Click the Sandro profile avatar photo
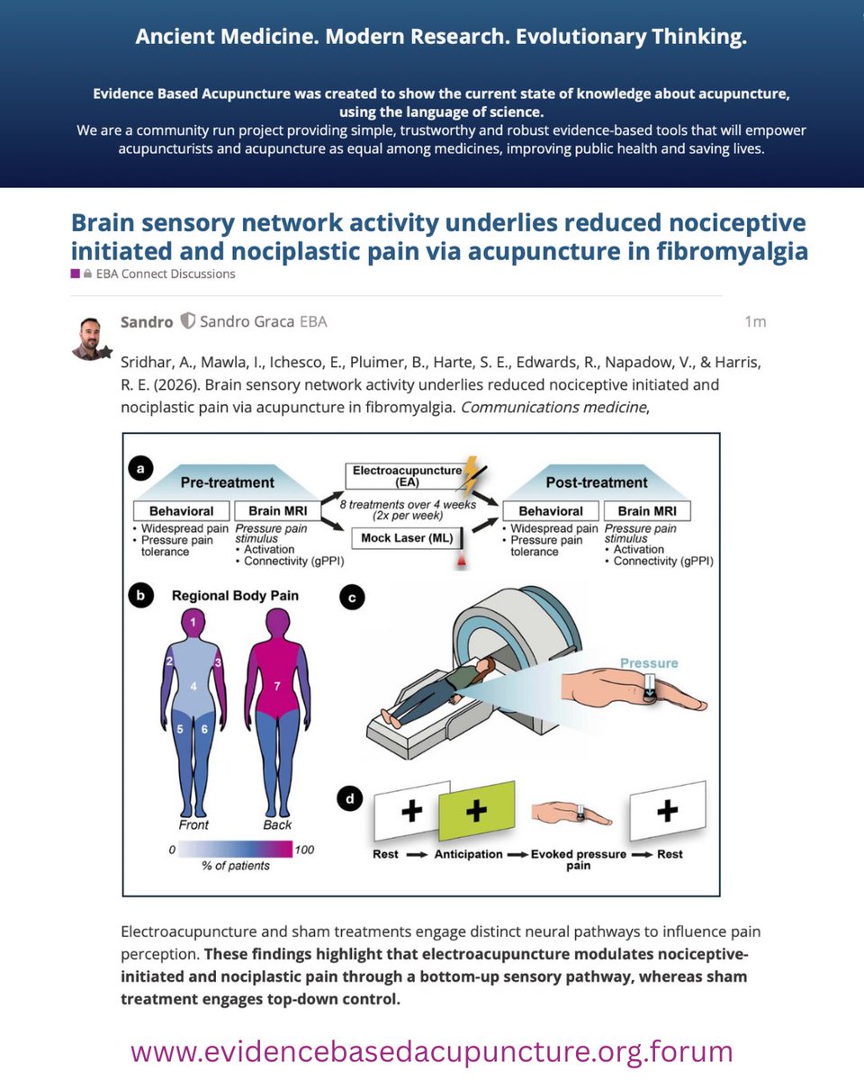[91, 337]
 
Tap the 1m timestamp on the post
[755, 321]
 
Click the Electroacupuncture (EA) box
[403, 475]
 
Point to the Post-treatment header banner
[597, 481]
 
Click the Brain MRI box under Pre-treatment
[277, 511]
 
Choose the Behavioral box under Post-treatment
[549, 511]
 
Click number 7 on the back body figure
[278, 687]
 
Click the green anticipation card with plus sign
[475, 811]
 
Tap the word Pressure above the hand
[648, 663]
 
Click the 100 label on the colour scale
[304, 849]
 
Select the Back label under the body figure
[278, 824]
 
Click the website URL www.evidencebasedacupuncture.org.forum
[432, 1051]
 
